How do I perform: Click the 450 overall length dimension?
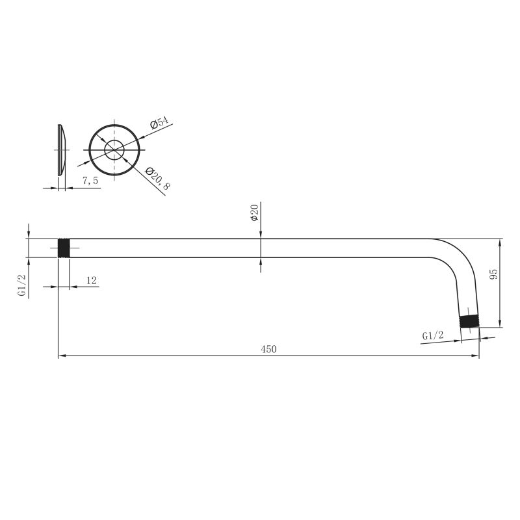268,349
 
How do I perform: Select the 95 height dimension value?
493,274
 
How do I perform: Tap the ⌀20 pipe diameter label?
255,212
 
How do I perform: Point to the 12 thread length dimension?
91,280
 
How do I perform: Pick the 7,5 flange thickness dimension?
90,181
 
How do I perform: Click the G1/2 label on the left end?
22,285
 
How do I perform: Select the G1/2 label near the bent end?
433,335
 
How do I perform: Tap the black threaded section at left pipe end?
64,248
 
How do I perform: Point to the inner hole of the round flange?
114,149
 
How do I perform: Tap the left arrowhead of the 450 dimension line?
62,356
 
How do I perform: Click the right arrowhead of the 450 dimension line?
476,356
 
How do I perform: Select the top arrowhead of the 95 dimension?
500,242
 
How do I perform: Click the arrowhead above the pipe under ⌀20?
261,235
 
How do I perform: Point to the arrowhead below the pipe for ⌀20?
261,262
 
